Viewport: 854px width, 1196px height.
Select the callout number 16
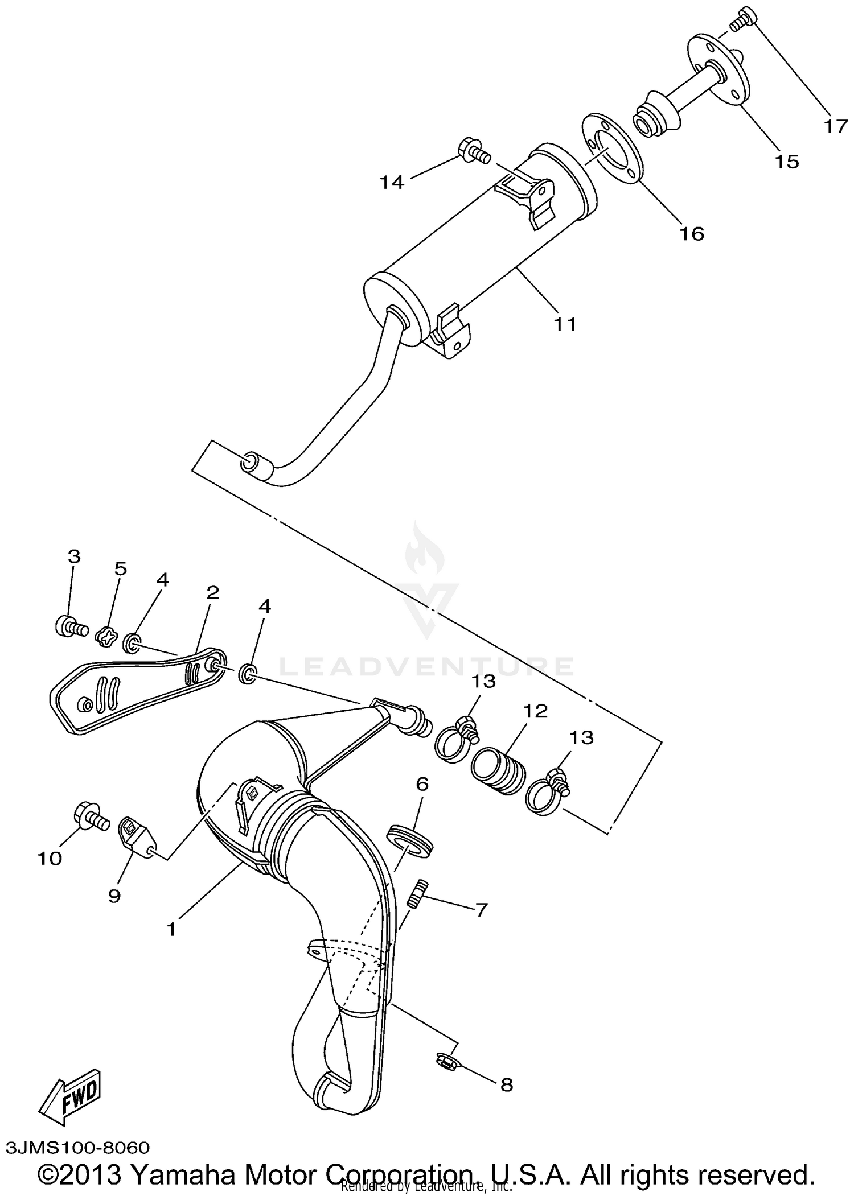pos(692,233)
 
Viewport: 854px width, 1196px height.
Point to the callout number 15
pos(786,162)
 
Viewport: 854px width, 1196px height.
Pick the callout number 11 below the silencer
pos(565,324)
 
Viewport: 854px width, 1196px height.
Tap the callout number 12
pos(536,711)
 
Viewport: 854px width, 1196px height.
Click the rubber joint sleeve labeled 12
pos(498,770)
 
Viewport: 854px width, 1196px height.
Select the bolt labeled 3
pos(70,628)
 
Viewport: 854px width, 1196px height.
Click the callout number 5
pos(120,568)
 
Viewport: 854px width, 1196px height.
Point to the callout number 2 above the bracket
pos(212,593)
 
